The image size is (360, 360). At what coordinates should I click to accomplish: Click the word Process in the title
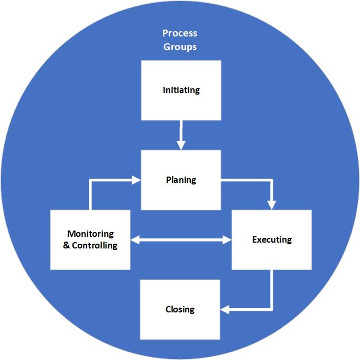click(180, 33)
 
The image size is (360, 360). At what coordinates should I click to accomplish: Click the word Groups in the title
click(180, 47)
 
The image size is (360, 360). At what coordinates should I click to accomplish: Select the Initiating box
click(181, 90)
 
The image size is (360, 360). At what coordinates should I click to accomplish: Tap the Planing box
click(181, 180)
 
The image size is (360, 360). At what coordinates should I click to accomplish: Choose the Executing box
click(272, 239)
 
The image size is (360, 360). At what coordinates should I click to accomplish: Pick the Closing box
click(180, 309)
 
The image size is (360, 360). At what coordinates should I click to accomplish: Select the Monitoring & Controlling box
click(90, 239)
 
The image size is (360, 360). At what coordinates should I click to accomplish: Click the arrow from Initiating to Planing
click(181, 135)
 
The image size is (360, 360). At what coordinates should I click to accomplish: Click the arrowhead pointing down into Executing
click(272, 205)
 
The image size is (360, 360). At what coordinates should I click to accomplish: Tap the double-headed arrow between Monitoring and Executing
click(181, 241)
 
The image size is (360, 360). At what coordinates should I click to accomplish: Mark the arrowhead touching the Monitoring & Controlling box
click(135, 241)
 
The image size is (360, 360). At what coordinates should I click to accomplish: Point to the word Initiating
click(181, 90)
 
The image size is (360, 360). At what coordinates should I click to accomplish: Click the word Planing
click(181, 180)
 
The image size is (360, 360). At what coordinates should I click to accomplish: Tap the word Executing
click(272, 239)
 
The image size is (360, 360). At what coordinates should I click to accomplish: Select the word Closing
click(180, 309)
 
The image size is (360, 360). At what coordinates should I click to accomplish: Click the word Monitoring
click(90, 234)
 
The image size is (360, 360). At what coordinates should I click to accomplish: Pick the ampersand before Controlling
click(67, 245)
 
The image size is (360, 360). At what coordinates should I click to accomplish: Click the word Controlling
click(95, 245)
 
